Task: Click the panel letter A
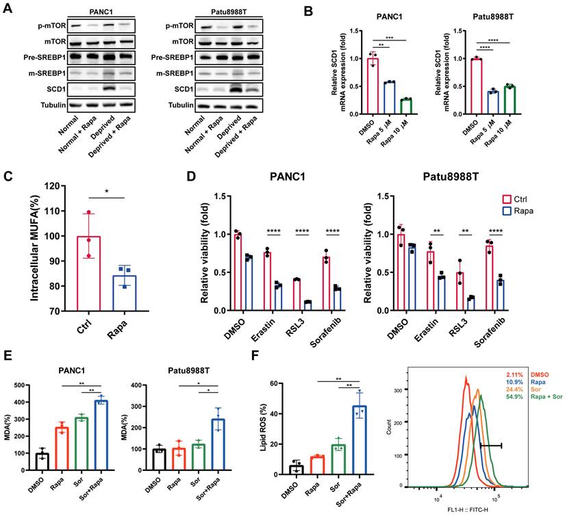click(8, 8)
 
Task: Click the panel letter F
click(255, 355)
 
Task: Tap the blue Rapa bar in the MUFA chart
click(125, 293)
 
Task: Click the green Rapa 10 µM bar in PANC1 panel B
click(406, 106)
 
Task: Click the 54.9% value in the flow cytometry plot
click(514, 397)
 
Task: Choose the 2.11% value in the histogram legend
click(514, 375)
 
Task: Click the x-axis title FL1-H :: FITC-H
click(467, 510)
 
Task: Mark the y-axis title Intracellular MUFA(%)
click(35, 248)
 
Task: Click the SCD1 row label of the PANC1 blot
click(56, 89)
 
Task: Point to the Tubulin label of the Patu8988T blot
click(181, 105)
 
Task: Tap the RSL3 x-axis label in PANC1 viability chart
click(295, 327)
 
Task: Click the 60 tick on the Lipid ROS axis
click(274, 383)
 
